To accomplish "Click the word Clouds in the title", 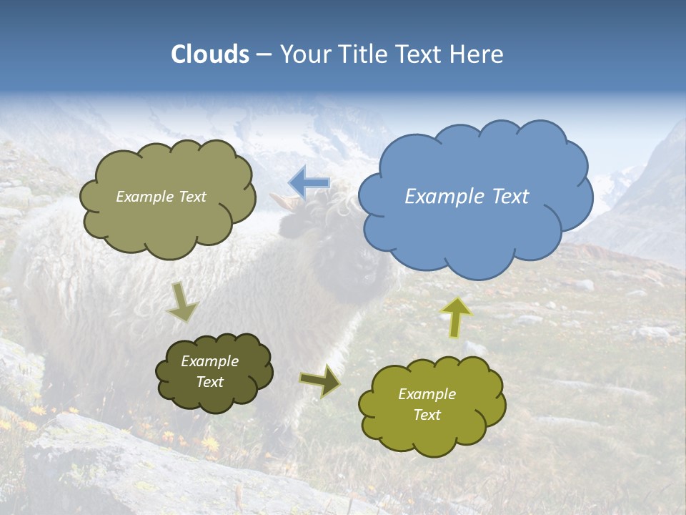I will click(210, 54).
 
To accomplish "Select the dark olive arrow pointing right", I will click(320, 381).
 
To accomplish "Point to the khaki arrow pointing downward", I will click(182, 301).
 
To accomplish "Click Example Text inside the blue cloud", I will click(467, 197).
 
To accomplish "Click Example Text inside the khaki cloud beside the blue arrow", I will click(161, 197).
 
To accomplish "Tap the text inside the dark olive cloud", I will click(209, 372).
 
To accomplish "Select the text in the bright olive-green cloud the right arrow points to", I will click(427, 405).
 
